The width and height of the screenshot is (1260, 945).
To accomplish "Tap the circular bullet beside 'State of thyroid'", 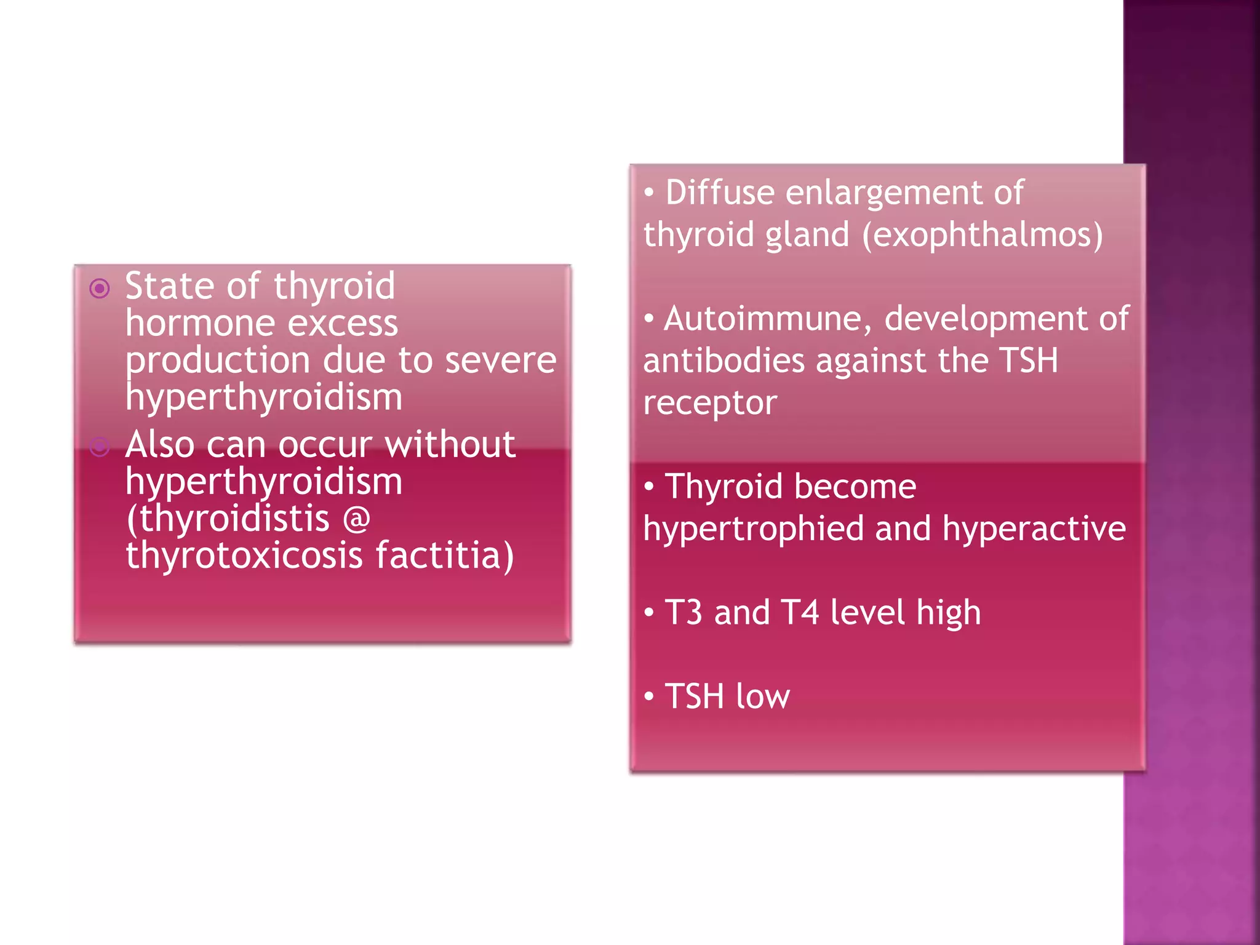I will pos(100,288).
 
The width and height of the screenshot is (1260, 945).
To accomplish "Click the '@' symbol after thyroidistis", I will pos(356,518).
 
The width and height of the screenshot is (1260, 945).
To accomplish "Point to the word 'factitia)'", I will pos(444,555).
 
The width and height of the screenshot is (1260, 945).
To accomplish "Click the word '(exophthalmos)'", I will pos(983,235).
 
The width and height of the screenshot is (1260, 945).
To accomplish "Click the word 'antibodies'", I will pos(724,361).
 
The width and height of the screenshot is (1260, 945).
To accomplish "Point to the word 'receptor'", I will pos(710,403).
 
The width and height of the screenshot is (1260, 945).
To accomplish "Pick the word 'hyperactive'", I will pos(1034,529).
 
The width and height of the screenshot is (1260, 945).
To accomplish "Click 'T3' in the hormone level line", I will pos(684,613).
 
